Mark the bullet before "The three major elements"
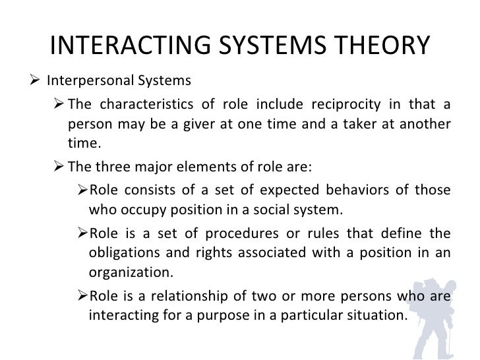click(x=57, y=166)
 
